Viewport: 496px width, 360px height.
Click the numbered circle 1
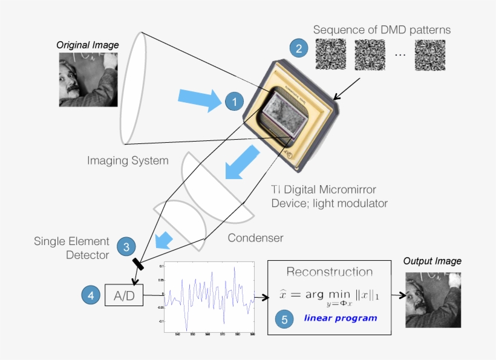(x=234, y=102)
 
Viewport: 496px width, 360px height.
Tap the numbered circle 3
(x=126, y=246)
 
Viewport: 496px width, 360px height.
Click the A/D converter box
(x=125, y=295)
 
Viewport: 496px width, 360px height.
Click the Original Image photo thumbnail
(x=88, y=79)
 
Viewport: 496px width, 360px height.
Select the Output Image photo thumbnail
(x=432, y=299)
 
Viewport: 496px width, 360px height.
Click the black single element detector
(x=139, y=264)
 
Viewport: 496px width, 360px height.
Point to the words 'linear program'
(x=340, y=318)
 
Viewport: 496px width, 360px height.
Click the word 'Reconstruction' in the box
(x=330, y=272)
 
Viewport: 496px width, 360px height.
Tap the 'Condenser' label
(x=255, y=238)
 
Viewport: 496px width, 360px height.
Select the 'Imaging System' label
(x=128, y=160)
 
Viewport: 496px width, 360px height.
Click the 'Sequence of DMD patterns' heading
(x=382, y=30)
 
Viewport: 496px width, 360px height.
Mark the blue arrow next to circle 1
(x=200, y=98)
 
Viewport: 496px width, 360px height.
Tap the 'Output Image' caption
(x=432, y=261)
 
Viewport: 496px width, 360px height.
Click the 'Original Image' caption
(x=88, y=45)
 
